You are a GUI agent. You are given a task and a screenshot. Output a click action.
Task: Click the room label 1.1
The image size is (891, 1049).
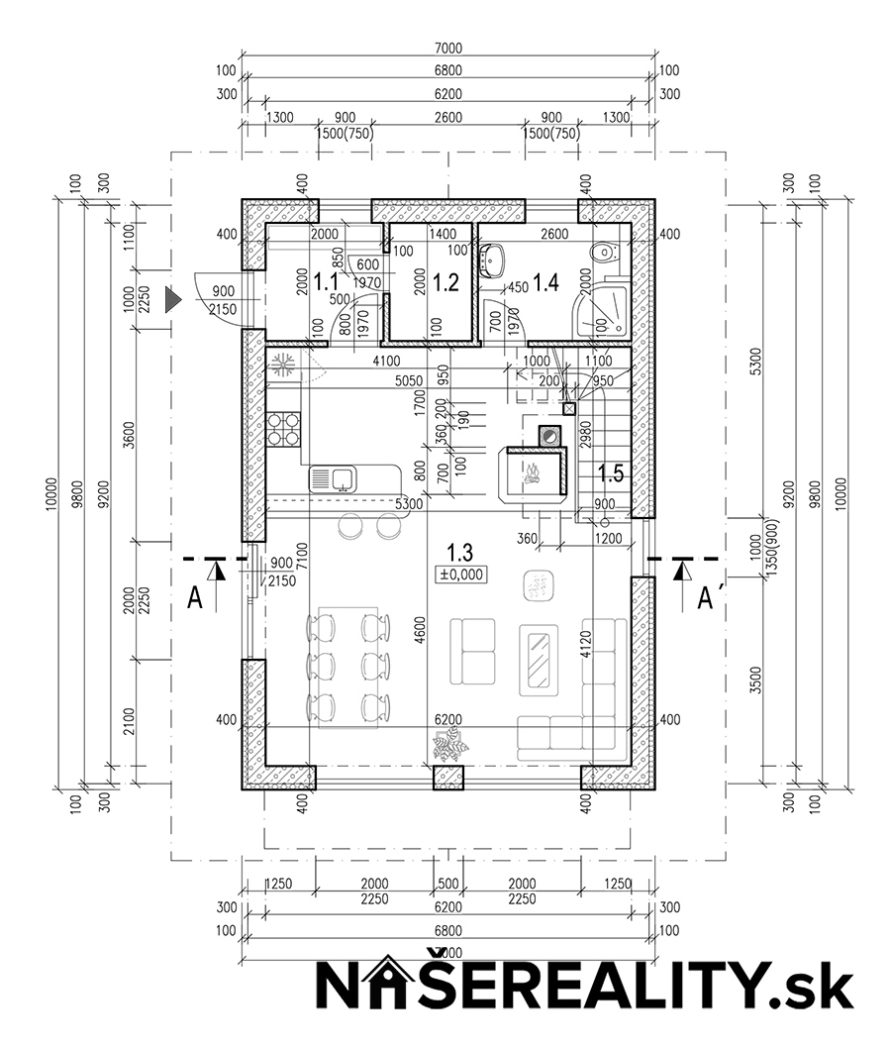pyautogui.click(x=326, y=282)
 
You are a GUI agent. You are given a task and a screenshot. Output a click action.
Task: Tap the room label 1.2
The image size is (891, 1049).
pyautogui.click(x=446, y=282)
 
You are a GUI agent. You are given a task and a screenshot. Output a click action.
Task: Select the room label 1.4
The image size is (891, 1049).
pyautogui.click(x=545, y=283)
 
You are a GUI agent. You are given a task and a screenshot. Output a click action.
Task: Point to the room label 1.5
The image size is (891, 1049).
pyautogui.click(x=611, y=473)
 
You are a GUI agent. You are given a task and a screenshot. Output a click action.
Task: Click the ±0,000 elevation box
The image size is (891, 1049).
pyautogui.click(x=460, y=573)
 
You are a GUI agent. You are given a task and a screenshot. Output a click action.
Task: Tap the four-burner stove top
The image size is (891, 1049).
pyautogui.click(x=283, y=429)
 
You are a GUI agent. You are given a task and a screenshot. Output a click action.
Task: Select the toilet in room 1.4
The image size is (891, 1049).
pyautogui.click(x=601, y=253)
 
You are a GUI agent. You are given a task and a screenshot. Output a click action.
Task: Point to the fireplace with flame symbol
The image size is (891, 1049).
pyautogui.click(x=533, y=472)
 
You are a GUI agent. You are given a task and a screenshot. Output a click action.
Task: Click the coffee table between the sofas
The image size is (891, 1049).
pyautogui.click(x=541, y=656)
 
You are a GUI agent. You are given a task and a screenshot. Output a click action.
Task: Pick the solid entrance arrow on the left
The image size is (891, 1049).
pyautogui.click(x=173, y=297)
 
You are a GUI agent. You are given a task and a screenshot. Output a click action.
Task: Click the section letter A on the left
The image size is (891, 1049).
pyautogui.click(x=195, y=599)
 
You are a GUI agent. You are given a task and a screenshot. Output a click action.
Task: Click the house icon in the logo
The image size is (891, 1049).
pyautogui.click(x=405, y=986)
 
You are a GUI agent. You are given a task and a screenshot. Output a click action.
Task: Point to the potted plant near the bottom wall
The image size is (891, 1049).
pyautogui.click(x=449, y=744)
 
